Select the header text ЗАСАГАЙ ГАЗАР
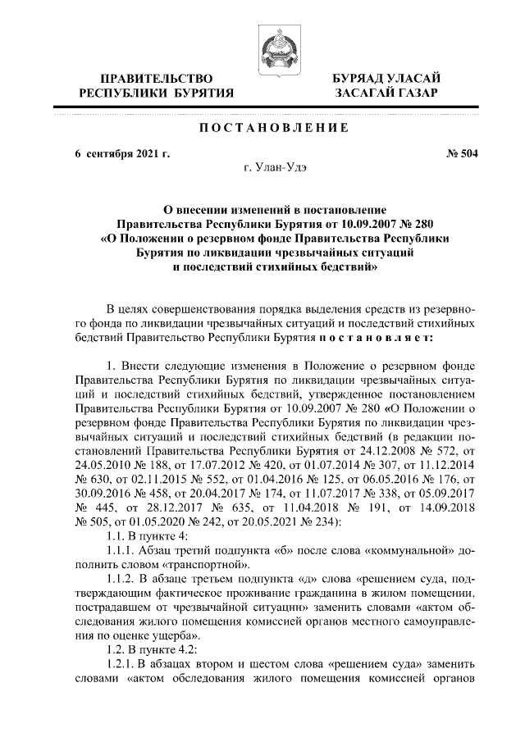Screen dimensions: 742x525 (386, 93)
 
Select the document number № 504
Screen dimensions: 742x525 (461, 153)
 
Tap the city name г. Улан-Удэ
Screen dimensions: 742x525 (275, 169)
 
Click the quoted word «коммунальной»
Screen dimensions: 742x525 (407, 550)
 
